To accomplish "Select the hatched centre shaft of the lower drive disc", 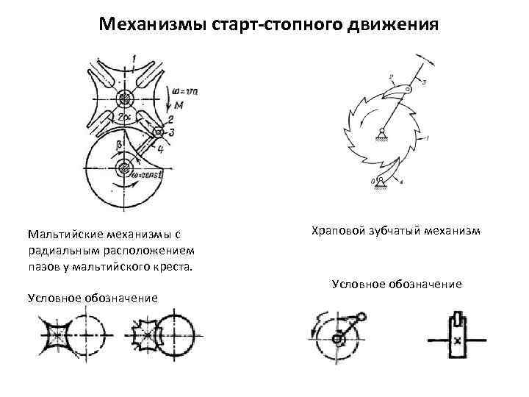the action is coord(121,174).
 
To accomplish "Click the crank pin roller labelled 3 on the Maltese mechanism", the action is coord(157,132).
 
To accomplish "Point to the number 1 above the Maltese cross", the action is coord(133,57).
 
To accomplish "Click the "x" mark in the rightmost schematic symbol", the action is coord(457,340).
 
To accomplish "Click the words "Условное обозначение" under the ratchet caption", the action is coord(397,283).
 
